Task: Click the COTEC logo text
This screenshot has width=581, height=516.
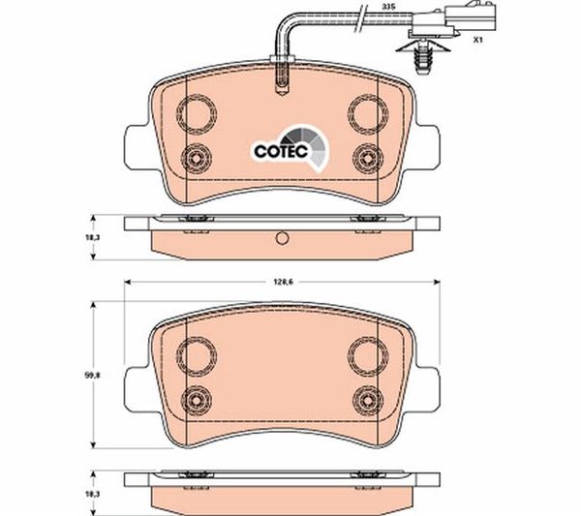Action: (x=281, y=151)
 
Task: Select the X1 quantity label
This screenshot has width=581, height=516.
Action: (x=478, y=40)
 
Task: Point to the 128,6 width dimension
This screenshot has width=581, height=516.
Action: (x=282, y=282)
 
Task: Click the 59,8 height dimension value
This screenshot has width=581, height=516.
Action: (x=85, y=376)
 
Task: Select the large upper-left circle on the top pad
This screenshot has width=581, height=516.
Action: (x=197, y=114)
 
